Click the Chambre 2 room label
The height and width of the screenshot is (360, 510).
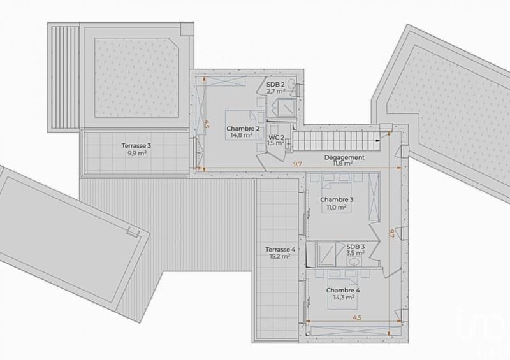(x=242, y=129)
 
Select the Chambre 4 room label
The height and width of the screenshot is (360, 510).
(x=343, y=291)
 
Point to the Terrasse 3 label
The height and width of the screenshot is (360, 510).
(x=136, y=145)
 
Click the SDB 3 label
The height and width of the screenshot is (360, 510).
(x=356, y=247)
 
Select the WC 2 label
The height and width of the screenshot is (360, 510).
(x=276, y=137)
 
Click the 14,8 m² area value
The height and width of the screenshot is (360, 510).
(x=242, y=135)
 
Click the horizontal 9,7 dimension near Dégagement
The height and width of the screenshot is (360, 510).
(x=298, y=165)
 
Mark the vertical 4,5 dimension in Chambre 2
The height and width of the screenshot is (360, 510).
(x=206, y=124)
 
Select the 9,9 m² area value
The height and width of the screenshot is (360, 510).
(x=136, y=153)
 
